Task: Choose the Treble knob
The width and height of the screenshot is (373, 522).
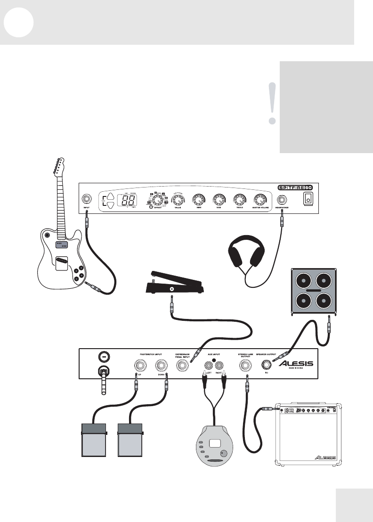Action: click(x=240, y=199)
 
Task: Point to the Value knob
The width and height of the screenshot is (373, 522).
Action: click(x=178, y=200)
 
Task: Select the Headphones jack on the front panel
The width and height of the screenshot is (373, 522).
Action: click(x=284, y=199)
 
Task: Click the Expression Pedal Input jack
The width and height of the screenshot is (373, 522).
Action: click(x=182, y=366)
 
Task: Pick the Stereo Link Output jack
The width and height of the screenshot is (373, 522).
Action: click(x=245, y=365)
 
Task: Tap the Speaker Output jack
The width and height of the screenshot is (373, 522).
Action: click(x=267, y=365)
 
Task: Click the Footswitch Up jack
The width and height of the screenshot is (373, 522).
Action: click(x=140, y=366)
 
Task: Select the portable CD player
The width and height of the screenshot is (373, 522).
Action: click(x=215, y=446)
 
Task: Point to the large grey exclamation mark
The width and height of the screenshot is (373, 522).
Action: click(x=271, y=103)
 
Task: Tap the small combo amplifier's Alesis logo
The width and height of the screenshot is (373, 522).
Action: click(x=325, y=457)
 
